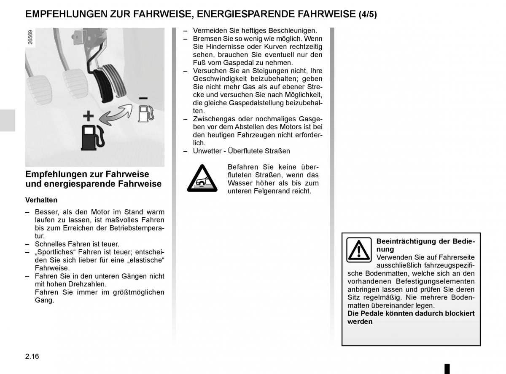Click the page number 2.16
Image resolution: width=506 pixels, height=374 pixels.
(x=32, y=356)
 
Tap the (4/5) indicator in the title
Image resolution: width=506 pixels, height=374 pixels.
(x=368, y=14)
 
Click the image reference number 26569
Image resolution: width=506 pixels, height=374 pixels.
(x=30, y=37)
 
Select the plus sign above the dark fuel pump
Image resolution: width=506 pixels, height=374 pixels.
(x=88, y=116)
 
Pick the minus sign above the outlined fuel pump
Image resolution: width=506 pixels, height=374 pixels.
(x=143, y=98)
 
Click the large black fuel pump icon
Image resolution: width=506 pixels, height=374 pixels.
(x=93, y=137)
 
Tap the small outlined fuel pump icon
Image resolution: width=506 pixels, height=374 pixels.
(x=146, y=113)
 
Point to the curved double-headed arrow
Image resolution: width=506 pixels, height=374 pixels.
(x=116, y=115)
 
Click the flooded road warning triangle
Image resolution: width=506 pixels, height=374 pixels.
(x=202, y=179)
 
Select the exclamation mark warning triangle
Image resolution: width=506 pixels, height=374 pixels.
(x=359, y=250)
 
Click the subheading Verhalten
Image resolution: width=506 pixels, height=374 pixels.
(x=41, y=200)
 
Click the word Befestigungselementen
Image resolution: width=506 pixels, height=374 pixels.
(x=435, y=281)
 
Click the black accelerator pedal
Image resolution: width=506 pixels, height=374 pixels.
(x=103, y=86)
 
